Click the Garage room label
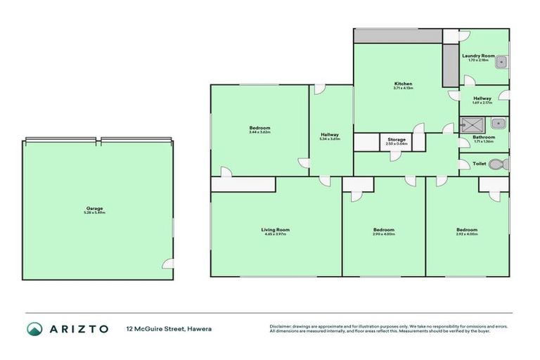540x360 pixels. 95,207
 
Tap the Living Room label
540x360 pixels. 275,229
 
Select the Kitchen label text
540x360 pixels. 403,84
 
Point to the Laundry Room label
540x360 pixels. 478,56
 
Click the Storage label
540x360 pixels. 397,139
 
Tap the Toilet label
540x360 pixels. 480,163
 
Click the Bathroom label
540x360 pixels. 484,137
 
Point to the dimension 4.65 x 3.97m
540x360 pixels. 275,234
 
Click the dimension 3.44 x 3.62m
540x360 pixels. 260,132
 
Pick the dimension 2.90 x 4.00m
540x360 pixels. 384,234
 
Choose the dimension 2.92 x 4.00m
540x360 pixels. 467,234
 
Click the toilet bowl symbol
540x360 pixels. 499,164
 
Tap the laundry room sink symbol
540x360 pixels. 501,63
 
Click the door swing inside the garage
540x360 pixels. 167,264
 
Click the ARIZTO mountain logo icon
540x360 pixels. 35,329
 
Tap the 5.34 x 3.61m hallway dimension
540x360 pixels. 330,139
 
